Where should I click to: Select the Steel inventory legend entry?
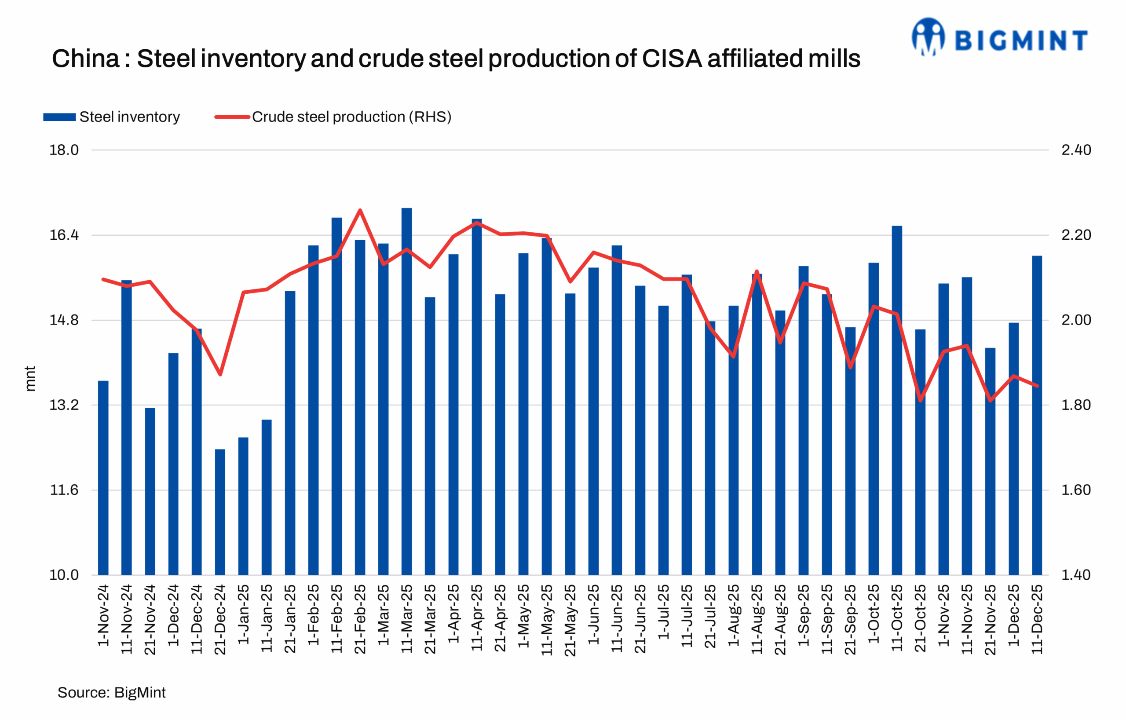coord(112,117)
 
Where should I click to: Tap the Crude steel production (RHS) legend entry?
coord(333,117)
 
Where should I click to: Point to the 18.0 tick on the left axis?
coord(64,150)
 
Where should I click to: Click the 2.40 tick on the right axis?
coord(1076,150)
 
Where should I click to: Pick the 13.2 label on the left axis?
coord(64,405)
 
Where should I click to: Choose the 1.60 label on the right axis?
coord(1076,490)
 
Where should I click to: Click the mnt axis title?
coord(30,379)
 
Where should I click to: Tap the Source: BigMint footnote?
coord(111,692)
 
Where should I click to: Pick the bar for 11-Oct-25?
coord(897,402)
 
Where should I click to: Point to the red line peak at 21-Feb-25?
coord(360,210)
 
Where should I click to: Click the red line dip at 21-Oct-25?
coord(920,401)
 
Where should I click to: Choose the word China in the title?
coord(86,59)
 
